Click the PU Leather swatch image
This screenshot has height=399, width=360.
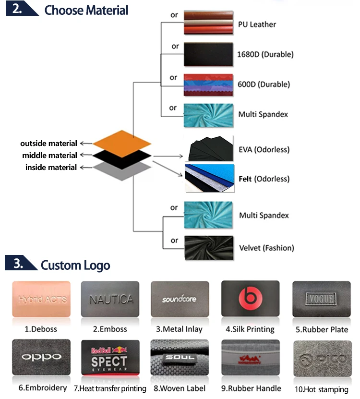click(x=209, y=23)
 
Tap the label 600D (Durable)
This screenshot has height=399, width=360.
click(x=264, y=84)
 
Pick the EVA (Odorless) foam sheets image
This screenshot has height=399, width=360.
click(x=209, y=149)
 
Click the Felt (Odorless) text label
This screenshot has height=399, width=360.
click(x=264, y=179)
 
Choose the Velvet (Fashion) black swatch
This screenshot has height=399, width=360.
click(x=209, y=248)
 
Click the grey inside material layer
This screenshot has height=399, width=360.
click(x=122, y=169)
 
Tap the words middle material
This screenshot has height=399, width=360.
click(x=49, y=155)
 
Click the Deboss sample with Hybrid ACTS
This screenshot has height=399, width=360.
click(x=41, y=299)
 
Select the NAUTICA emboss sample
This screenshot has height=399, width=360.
click(x=110, y=299)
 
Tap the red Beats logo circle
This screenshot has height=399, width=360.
click(x=250, y=299)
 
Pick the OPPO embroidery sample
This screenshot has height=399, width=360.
click(x=41, y=357)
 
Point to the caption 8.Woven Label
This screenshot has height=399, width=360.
click(x=180, y=388)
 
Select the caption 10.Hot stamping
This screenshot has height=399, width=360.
click(x=321, y=388)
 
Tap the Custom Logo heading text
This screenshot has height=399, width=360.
click(x=75, y=265)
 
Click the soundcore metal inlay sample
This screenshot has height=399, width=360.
click(x=180, y=299)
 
